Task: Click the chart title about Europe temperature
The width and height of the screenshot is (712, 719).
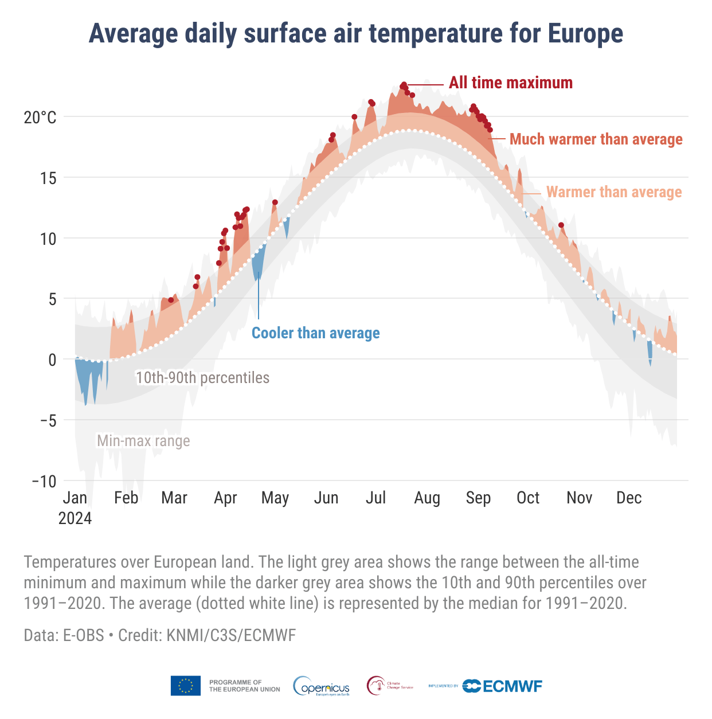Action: (355, 33)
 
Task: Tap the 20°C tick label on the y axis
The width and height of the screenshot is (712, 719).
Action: (40, 118)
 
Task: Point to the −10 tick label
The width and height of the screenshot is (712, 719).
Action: (44, 481)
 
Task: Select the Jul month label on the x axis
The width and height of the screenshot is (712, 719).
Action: (375, 498)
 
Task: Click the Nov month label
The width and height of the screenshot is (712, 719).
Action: (579, 498)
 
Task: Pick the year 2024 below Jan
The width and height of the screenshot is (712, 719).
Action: (75, 518)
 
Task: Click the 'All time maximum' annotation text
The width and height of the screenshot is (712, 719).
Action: (510, 83)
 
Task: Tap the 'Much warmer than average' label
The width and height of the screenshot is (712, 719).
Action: (596, 139)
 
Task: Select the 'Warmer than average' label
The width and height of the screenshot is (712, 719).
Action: (614, 192)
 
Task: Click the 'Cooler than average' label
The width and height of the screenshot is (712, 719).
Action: (316, 333)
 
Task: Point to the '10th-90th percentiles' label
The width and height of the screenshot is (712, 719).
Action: (202, 378)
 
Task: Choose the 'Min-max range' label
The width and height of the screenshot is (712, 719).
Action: (143, 441)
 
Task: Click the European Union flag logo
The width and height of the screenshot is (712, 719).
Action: (185, 686)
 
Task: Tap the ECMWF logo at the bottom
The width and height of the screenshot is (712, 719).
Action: (502, 686)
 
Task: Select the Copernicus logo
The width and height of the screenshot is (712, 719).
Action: (322, 686)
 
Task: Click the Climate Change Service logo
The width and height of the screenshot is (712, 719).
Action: (390, 686)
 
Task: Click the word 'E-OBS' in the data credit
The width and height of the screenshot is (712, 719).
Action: (84, 635)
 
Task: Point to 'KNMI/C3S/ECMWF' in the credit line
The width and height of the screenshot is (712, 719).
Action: (231, 635)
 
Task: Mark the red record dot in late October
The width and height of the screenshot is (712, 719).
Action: (561, 225)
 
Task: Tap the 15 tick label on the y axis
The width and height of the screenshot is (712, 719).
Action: (48, 178)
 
